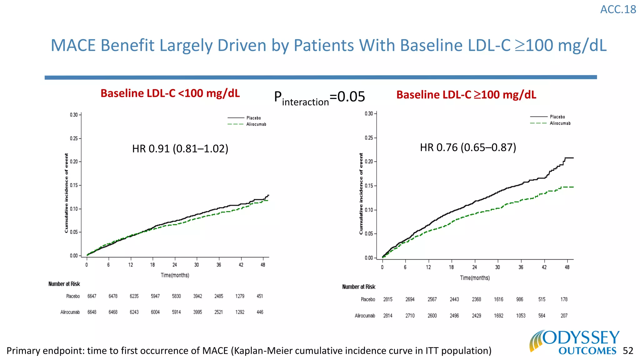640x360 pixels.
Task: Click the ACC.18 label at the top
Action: pos(618,9)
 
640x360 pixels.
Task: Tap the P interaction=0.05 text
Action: pos(319,97)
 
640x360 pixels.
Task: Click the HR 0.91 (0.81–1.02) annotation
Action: pos(180,148)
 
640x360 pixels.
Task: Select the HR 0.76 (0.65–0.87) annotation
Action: pos(468,147)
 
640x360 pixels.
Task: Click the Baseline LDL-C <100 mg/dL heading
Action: pos(170,93)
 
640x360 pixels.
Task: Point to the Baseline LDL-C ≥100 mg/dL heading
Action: pos(466,95)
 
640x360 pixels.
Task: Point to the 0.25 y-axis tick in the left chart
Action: pos(74,138)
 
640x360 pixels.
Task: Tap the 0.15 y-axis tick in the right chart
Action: pos(369,186)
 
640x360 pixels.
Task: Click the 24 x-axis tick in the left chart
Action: pos(175,265)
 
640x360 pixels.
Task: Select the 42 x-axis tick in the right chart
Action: pos(544,267)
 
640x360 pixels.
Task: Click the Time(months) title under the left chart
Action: pos(175,275)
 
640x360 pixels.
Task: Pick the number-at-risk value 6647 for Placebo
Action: pos(92,296)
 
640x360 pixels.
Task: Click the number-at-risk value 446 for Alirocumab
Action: pos(260,312)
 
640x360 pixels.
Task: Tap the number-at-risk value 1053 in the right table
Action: pos(521,316)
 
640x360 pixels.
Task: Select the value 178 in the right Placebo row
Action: pos(564,299)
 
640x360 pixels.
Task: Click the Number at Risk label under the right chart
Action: pos(358,287)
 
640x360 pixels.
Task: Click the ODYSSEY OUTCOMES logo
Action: pos(574,342)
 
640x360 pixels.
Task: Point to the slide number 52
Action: pos(628,351)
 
